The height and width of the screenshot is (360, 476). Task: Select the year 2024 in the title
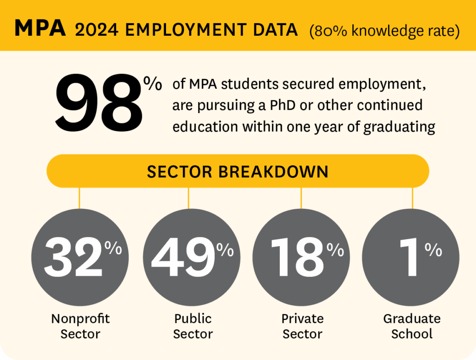point(97,29)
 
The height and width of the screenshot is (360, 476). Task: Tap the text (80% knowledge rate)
point(385,30)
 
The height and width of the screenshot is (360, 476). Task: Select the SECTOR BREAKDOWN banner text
point(238,172)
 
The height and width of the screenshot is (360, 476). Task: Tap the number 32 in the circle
point(73,257)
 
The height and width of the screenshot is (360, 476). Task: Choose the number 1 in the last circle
point(410,257)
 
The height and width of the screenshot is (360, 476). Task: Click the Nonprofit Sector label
point(80,326)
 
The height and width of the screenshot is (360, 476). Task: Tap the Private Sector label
point(303,326)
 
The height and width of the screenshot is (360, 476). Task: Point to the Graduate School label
point(412,326)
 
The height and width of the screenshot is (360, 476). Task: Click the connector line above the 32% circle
point(79,197)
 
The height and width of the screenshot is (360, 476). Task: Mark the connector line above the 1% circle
point(412,197)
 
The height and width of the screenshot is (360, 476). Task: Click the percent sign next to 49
point(225,250)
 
